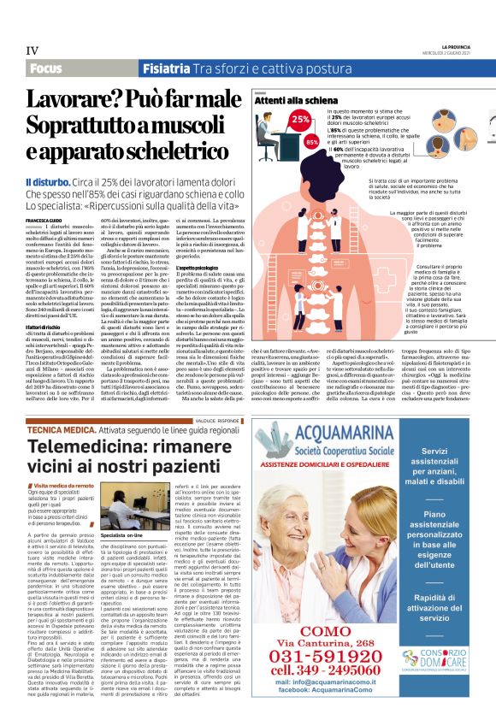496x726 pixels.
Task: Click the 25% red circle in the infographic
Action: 275,120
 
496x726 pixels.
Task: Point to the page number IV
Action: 32,50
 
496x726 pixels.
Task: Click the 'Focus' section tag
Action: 49,68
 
